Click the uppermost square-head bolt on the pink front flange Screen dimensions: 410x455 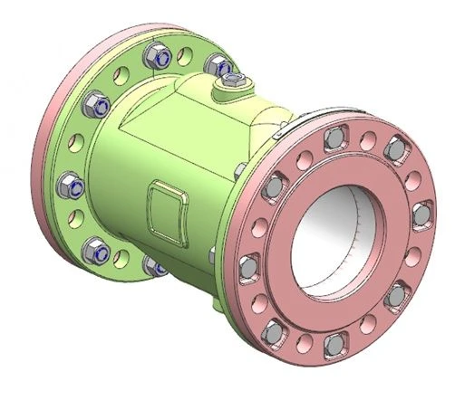pyautogui.click(x=333, y=138)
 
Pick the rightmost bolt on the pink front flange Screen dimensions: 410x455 pyautogui.click(x=421, y=213)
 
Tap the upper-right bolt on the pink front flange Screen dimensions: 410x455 pyautogui.click(x=398, y=150)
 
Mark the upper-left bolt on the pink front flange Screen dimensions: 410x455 pyautogui.click(x=270, y=187)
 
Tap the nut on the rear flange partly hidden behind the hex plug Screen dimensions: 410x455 pyautogui.click(x=218, y=64)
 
